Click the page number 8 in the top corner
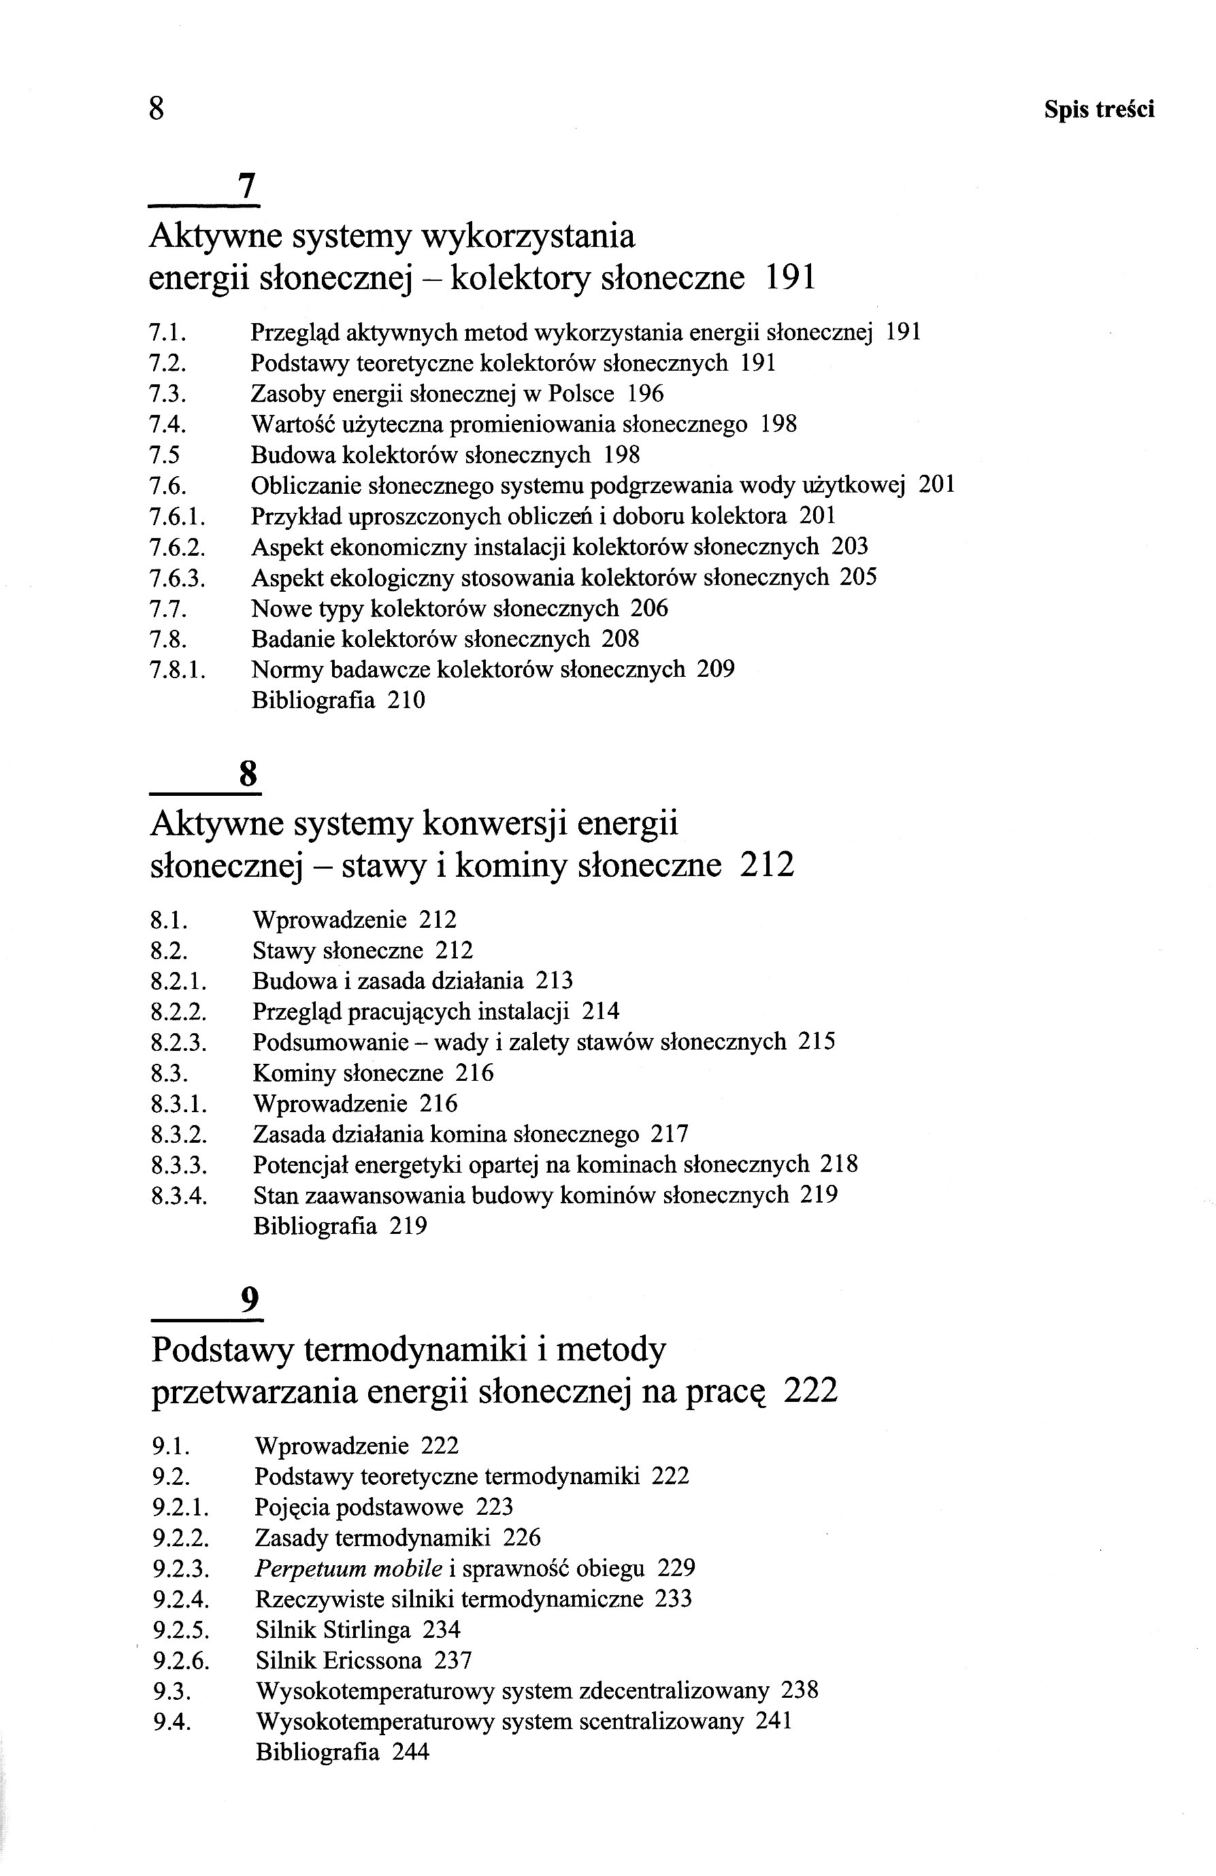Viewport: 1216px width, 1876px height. [x=156, y=109]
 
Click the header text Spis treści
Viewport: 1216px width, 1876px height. [x=1098, y=109]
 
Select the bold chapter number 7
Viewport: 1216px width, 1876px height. [x=247, y=187]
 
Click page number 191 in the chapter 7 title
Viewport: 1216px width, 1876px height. [x=790, y=278]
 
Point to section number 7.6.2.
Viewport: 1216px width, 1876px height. [x=177, y=547]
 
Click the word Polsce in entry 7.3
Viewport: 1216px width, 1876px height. [x=580, y=393]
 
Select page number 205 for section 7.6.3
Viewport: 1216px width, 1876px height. [x=858, y=577]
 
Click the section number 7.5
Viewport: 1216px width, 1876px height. [x=164, y=455]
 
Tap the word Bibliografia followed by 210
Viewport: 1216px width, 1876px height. [x=313, y=700]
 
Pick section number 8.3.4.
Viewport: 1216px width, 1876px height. [x=178, y=1196]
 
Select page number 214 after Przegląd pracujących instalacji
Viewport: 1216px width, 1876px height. [x=600, y=1011]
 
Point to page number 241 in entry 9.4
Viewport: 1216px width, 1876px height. [x=773, y=1722]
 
